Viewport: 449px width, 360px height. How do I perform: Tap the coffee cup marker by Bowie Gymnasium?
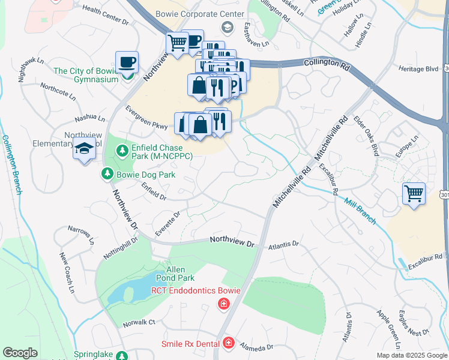point(127,62)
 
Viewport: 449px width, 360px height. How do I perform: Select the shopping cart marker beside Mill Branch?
point(414,194)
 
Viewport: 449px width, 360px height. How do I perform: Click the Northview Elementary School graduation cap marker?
point(84,148)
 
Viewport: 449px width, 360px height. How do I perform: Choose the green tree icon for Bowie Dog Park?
point(106,174)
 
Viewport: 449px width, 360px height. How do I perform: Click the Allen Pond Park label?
point(176,274)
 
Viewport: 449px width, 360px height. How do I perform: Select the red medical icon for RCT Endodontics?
point(224,305)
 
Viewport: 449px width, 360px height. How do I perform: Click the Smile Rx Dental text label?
point(190,344)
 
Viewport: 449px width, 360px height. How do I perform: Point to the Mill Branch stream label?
point(360,211)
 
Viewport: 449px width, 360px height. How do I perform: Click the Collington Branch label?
point(11,164)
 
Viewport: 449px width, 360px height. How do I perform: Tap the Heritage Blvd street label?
point(418,69)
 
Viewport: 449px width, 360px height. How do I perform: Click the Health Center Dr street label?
point(106,15)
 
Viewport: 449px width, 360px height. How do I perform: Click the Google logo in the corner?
point(20,353)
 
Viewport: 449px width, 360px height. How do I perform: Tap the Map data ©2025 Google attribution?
point(412,355)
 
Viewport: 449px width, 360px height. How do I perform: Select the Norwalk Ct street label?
point(139,322)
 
